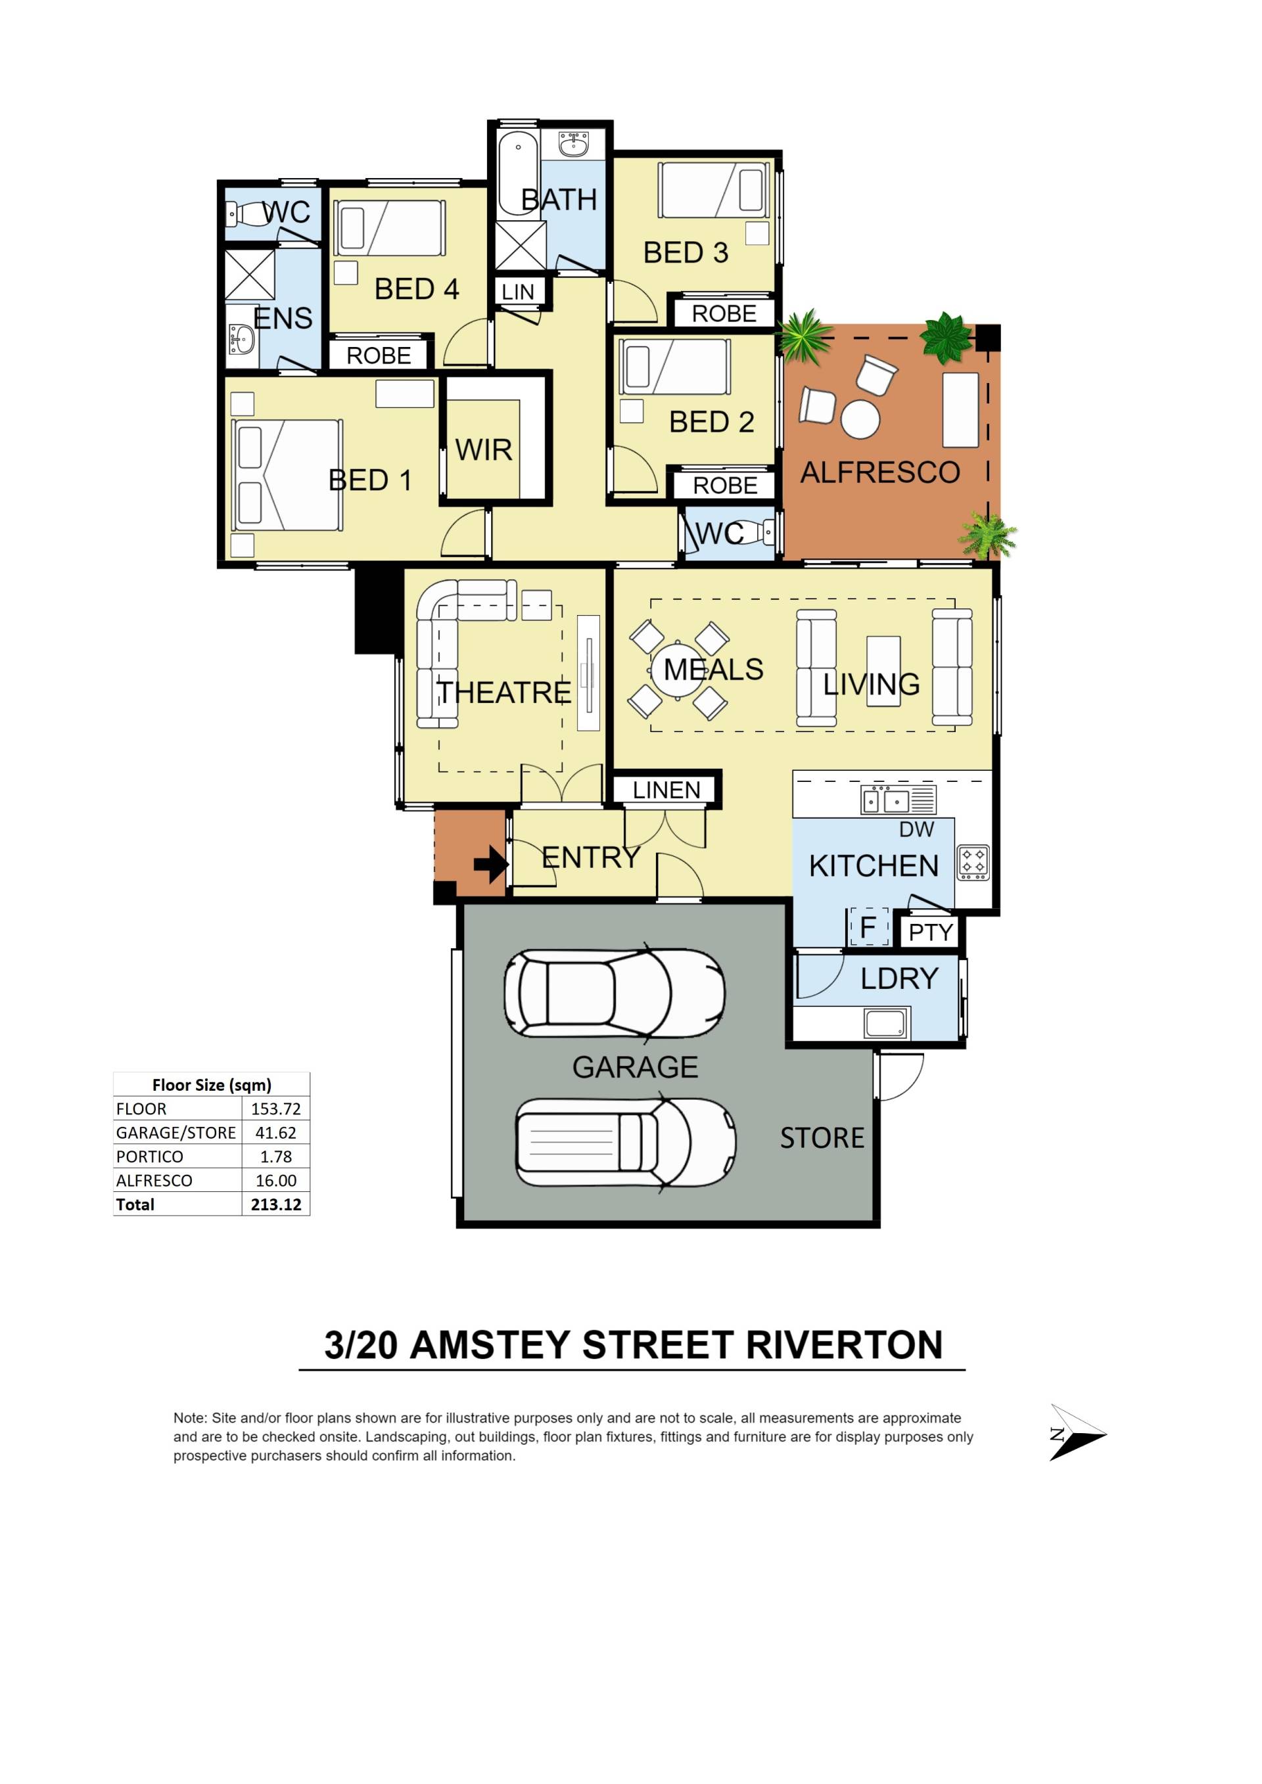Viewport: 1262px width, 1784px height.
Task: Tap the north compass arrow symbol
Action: (x=1077, y=1434)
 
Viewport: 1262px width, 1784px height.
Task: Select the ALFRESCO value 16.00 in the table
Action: (x=276, y=1180)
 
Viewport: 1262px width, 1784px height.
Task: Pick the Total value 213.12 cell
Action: (x=276, y=1204)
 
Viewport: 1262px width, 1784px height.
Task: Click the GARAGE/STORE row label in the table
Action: (x=175, y=1133)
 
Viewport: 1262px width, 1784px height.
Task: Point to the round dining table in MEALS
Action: (x=678, y=670)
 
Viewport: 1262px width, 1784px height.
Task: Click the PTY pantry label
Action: (x=931, y=932)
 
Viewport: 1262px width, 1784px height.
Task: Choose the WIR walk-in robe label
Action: (x=483, y=450)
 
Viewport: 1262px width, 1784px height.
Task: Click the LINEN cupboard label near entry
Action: (x=666, y=790)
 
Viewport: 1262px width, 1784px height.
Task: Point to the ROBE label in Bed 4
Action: (x=379, y=356)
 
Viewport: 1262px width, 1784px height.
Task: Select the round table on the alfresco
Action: (x=860, y=420)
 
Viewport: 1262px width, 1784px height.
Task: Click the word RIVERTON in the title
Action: (x=844, y=1345)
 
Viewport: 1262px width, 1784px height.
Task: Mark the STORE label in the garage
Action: (x=822, y=1138)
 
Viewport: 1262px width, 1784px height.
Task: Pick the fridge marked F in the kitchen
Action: (x=868, y=927)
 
